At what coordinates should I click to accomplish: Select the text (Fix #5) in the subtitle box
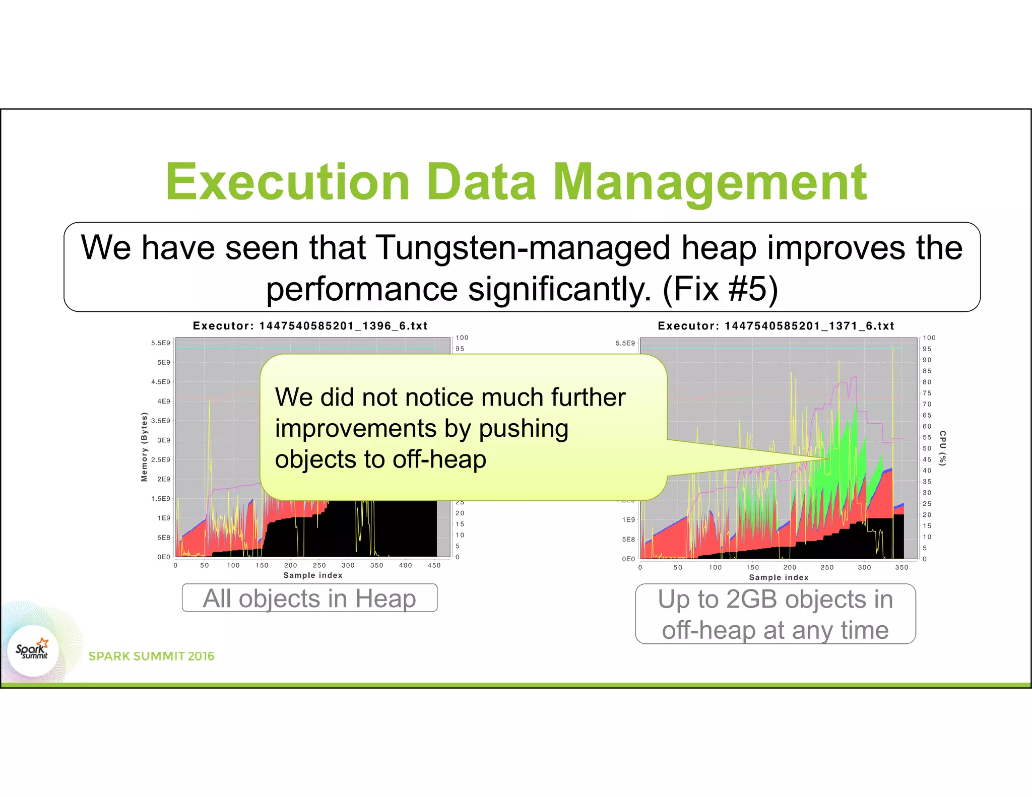[x=720, y=289]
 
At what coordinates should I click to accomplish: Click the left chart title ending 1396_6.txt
[x=310, y=326]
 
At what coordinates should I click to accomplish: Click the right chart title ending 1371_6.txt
[x=776, y=326]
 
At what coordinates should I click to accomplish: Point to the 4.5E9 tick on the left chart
[x=161, y=382]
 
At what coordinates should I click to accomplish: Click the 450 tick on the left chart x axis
[x=434, y=565]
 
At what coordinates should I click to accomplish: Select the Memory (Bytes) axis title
[x=144, y=447]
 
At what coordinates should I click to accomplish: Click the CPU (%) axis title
[x=943, y=448]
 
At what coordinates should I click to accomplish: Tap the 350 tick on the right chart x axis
[x=901, y=567]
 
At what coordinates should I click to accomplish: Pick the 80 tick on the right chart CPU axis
[x=927, y=382]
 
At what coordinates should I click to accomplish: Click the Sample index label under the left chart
[x=313, y=575]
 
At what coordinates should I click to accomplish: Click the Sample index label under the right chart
[x=779, y=577]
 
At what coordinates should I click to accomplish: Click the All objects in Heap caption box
[x=309, y=599]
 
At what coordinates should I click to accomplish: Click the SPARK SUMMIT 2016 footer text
[x=151, y=656]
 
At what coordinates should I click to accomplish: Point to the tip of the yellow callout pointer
[x=829, y=459]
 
